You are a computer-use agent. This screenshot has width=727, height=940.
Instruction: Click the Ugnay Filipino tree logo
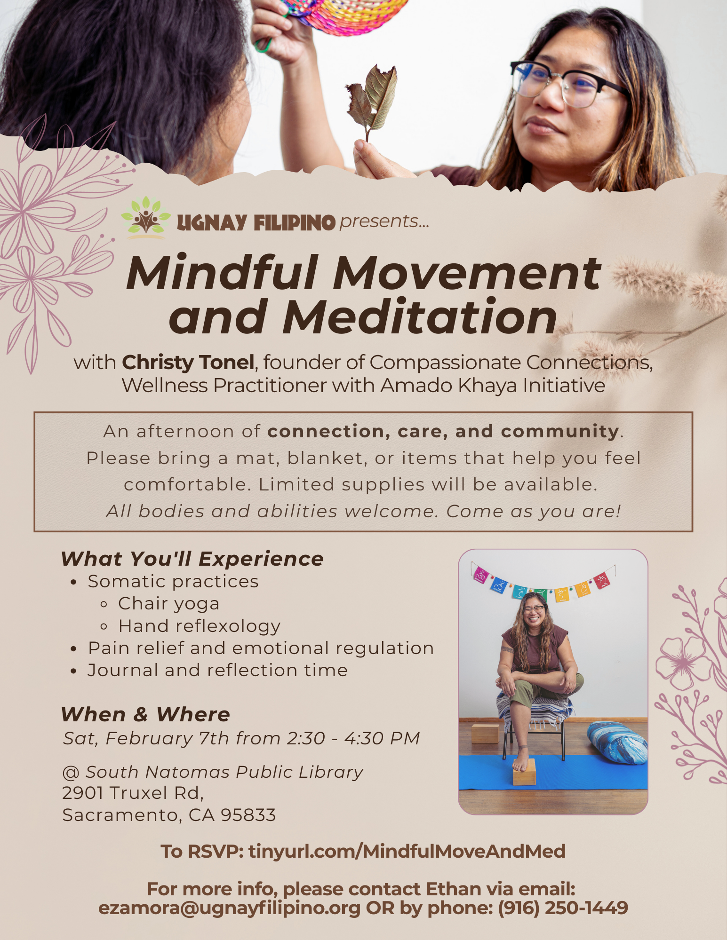click(146, 217)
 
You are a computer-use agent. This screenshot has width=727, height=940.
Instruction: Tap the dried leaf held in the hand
click(374, 99)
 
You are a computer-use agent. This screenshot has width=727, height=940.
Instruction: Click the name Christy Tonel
click(188, 363)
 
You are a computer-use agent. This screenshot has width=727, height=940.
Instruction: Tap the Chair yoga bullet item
click(168, 604)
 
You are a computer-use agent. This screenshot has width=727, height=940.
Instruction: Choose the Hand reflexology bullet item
click(199, 626)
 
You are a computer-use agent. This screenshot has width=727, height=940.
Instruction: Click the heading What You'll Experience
click(192, 559)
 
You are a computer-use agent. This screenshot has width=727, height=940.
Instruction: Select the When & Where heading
click(145, 714)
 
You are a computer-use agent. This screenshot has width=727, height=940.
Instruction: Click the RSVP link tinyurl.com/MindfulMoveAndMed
click(407, 852)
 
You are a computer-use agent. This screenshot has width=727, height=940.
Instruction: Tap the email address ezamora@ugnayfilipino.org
click(229, 908)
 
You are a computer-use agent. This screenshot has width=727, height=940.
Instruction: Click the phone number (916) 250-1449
click(563, 908)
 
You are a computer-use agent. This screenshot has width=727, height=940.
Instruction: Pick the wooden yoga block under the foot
click(524, 773)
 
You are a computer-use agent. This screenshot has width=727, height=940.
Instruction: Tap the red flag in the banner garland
click(602, 581)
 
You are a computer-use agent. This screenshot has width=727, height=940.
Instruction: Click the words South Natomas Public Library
click(224, 772)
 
